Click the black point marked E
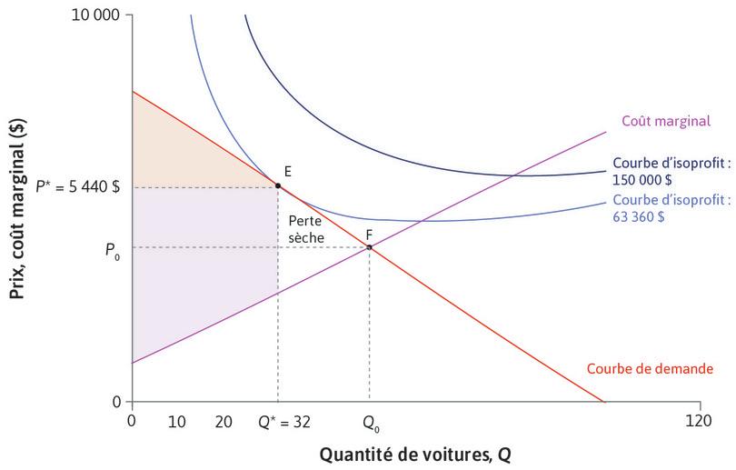pyautogui.click(x=278, y=185)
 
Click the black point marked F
pyautogui.click(x=369, y=246)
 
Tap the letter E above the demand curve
pyautogui.click(x=287, y=171)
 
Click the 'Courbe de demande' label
pyautogui.click(x=650, y=369)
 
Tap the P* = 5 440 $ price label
pyautogui.click(x=78, y=186)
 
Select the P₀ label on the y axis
pyautogui.click(x=111, y=246)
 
